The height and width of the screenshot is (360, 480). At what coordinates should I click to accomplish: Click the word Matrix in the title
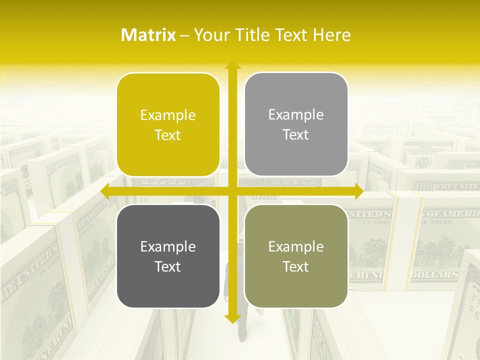pos(148,35)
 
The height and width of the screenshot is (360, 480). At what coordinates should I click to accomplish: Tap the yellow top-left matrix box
pos(168,125)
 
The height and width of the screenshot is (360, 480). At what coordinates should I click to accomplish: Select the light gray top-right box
pos(296,124)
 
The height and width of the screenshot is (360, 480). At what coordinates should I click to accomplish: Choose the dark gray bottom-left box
pos(168,256)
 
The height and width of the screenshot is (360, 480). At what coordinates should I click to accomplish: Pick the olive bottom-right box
pos(296,256)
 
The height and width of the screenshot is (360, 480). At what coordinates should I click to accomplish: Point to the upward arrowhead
pos(232,65)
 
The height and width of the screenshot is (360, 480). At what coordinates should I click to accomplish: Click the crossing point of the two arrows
pos(232,191)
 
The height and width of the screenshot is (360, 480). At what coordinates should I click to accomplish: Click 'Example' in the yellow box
pos(168,115)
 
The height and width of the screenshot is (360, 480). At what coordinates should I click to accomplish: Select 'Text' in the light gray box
pos(296,135)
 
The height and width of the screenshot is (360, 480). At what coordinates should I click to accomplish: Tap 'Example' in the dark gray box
pos(168,246)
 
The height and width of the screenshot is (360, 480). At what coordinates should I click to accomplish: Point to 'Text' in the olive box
pos(296,266)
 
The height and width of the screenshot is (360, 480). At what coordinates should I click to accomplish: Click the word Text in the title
pos(291,35)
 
